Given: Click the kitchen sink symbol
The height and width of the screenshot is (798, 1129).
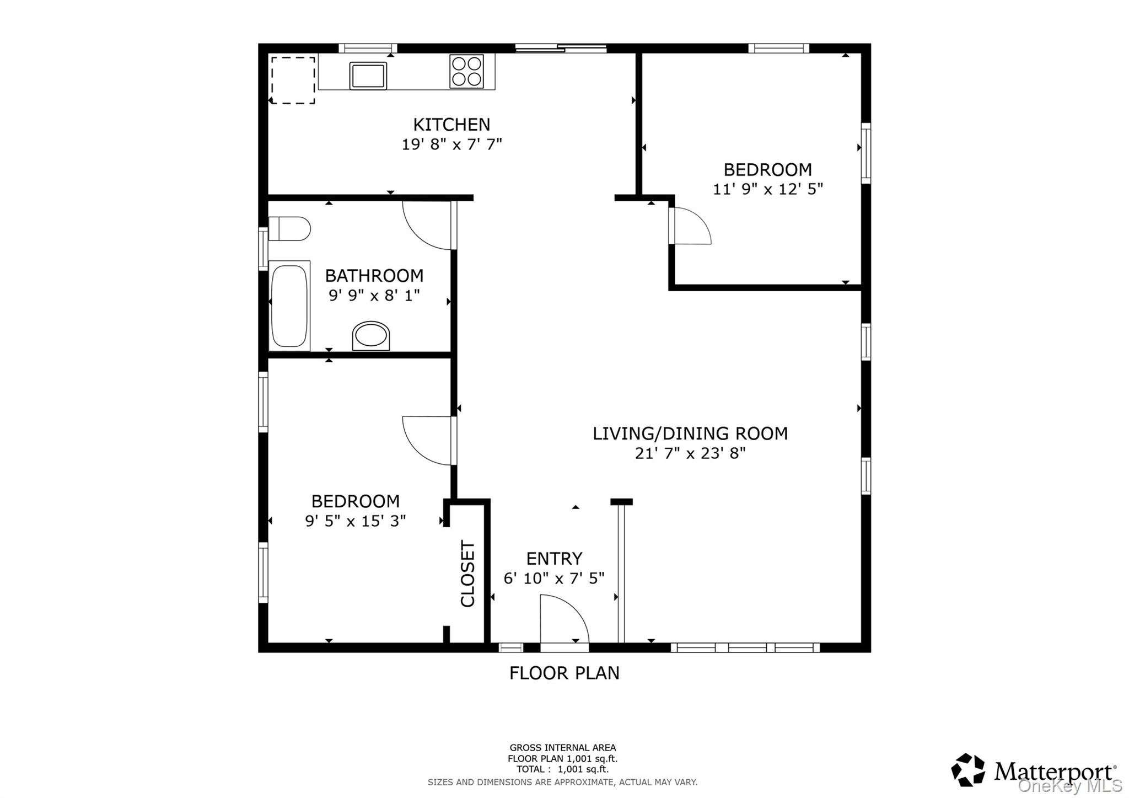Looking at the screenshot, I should point(368,76).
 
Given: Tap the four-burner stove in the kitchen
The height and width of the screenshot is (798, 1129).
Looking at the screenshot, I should point(466,71).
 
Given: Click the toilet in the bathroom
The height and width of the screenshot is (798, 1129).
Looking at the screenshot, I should point(290,228).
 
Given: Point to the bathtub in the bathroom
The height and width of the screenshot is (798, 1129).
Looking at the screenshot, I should point(289,306).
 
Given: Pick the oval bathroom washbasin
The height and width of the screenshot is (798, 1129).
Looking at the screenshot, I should point(370,335).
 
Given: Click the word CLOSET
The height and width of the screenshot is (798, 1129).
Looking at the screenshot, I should point(467,574).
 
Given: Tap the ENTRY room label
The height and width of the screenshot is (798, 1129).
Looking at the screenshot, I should point(554,559).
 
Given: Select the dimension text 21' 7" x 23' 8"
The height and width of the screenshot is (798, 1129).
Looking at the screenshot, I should point(690,453).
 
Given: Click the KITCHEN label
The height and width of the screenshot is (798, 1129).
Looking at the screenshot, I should point(451,124).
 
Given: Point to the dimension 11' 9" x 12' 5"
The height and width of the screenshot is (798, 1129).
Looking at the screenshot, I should point(767,189).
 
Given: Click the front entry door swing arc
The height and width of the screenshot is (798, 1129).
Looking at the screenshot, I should point(564,618).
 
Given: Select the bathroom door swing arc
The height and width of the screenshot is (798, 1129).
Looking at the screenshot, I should point(427,226).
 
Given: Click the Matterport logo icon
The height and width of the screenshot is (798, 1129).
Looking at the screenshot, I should point(967,770).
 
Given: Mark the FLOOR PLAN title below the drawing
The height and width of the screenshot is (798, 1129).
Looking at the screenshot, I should point(564,673).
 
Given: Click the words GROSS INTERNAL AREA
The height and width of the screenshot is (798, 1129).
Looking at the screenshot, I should point(562,748).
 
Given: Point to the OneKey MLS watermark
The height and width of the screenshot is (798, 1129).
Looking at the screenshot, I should point(1069,785).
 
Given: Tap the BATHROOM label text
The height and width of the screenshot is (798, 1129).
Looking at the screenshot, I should point(374,275).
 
